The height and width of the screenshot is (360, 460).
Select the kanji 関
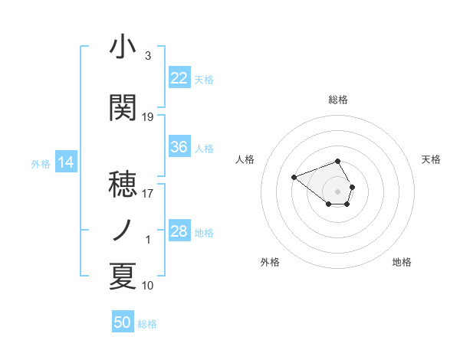pyautogui.click(x=122, y=108)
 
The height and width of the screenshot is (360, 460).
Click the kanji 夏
pyautogui.click(x=122, y=277)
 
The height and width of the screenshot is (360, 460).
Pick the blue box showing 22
pyautogui.click(x=179, y=78)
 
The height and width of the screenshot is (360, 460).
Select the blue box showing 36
pyautogui.click(x=179, y=147)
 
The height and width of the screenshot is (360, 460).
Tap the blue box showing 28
pyautogui.click(x=179, y=231)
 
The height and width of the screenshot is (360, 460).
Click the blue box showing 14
pyautogui.click(x=66, y=162)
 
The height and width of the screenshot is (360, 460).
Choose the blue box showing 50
pyautogui.click(x=123, y=322)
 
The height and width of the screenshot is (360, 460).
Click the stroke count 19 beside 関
pyautogui.click(x=148, y=117)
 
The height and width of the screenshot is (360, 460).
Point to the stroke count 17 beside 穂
pyautogui.click(x=148, y=194)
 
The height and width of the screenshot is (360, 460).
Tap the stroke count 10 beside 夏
pyautogui.click(x=148, y=286)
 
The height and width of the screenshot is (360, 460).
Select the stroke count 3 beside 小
pyautogui.click(x=148, y=56)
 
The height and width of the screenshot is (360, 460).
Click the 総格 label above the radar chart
pyautogui.click(x=338, y=100)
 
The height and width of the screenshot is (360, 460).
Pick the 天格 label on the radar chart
pyautogui.click(x=432, y=159)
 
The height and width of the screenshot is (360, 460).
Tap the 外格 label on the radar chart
pyautogui.click(x=270, y=262)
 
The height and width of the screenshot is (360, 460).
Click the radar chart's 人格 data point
pyautogui.click(x=294, y=178)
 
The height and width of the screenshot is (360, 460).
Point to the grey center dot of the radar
pyautogui.click(x=338, y=191)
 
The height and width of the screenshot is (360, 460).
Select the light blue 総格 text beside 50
pyautogui.click(x=147, y=324)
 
